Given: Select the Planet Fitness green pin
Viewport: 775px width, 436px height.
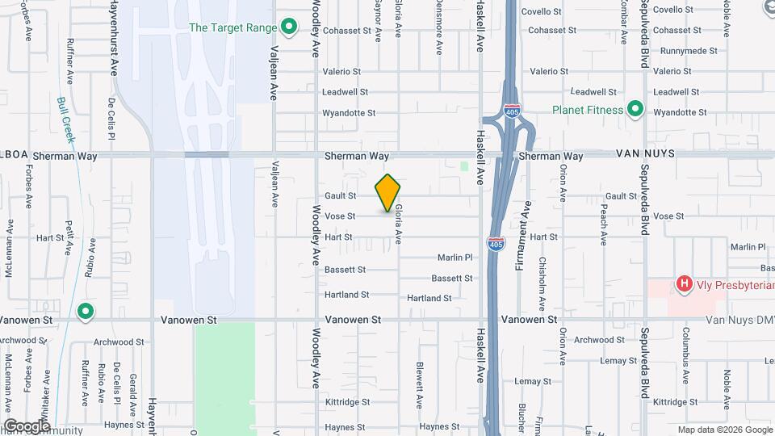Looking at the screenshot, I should tap(635, 109).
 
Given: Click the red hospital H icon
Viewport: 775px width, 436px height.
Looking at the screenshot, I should tap(684, 283).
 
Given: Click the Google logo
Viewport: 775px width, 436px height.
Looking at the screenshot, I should tap(27, 426).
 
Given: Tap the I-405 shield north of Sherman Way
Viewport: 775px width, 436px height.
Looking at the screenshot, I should tap(512, 111).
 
